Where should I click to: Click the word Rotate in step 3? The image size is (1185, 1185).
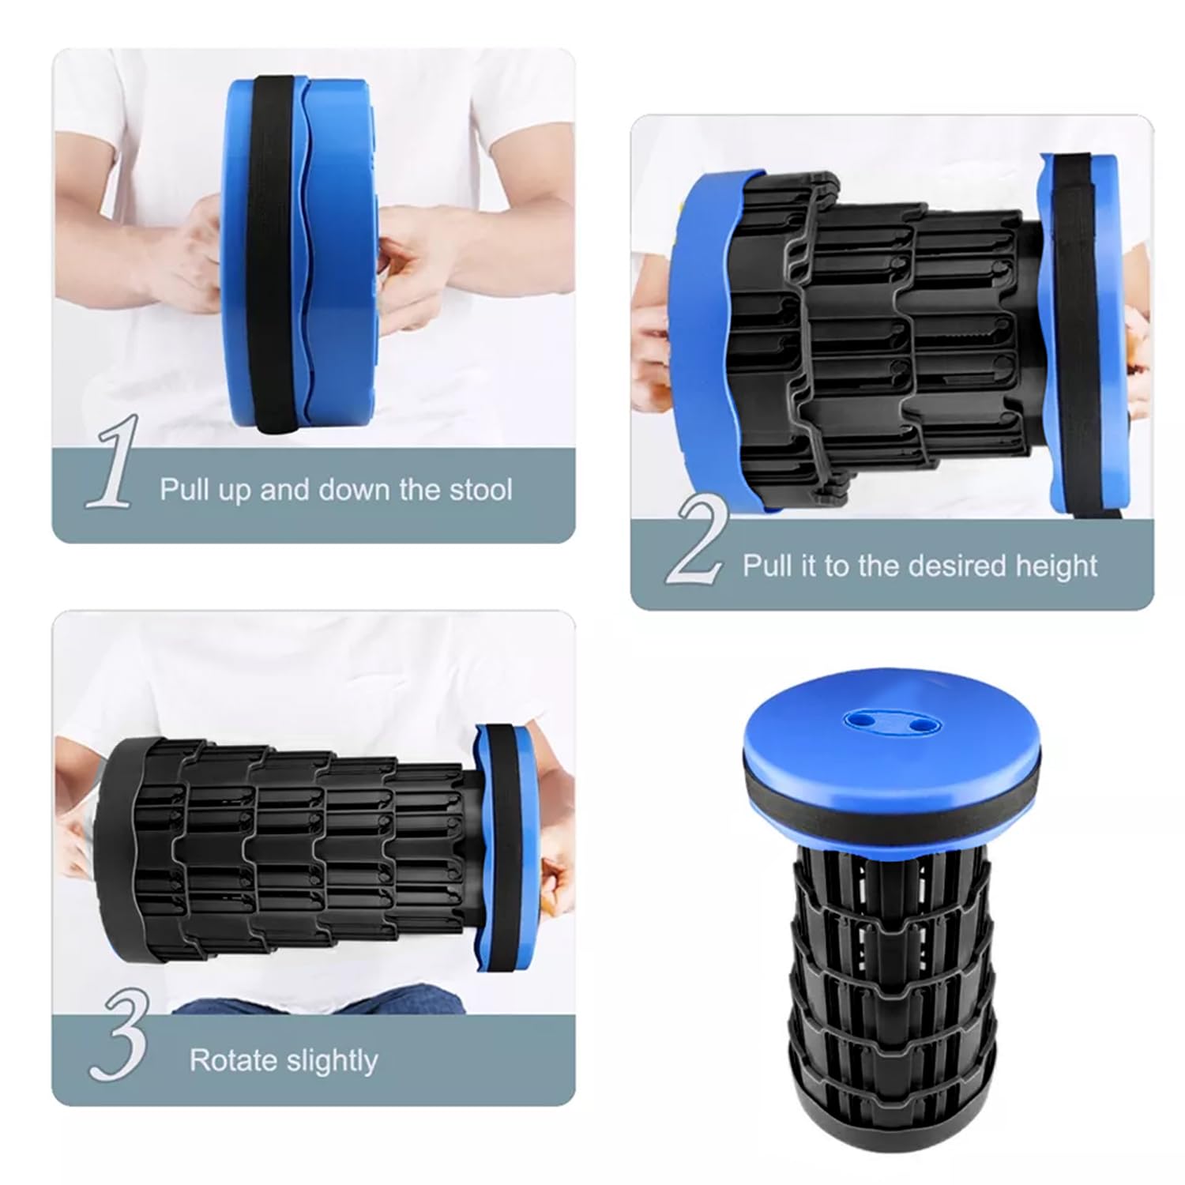tap(234, 1060)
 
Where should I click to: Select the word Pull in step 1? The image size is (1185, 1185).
tap(185, 490)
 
